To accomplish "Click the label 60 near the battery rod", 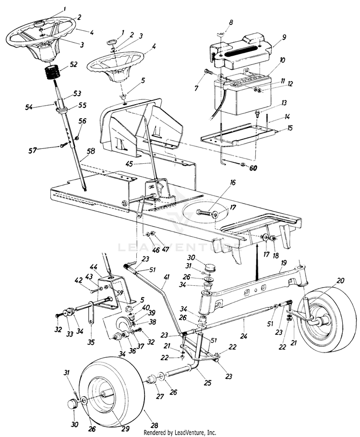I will click(253, 168).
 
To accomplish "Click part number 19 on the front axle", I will click(284, 263).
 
